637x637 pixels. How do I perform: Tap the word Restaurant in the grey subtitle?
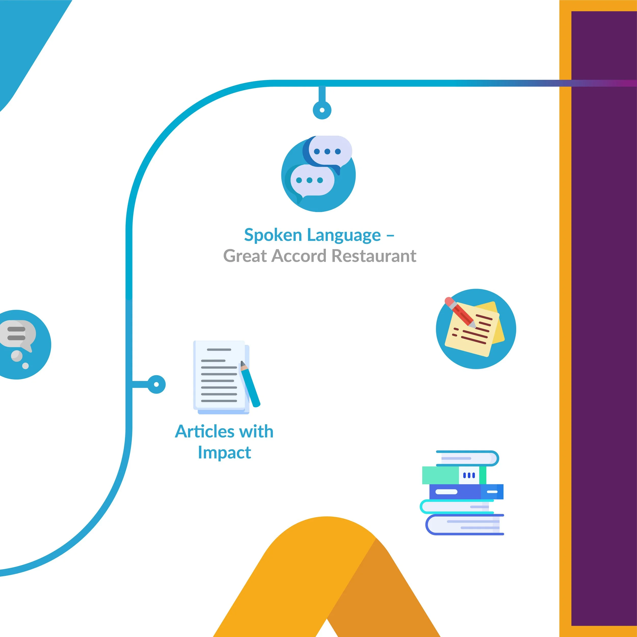[374, 256]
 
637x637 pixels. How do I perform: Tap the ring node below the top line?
[322, 110]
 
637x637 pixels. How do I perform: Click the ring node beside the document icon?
[156, 384]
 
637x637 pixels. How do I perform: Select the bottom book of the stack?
[465, 525]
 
